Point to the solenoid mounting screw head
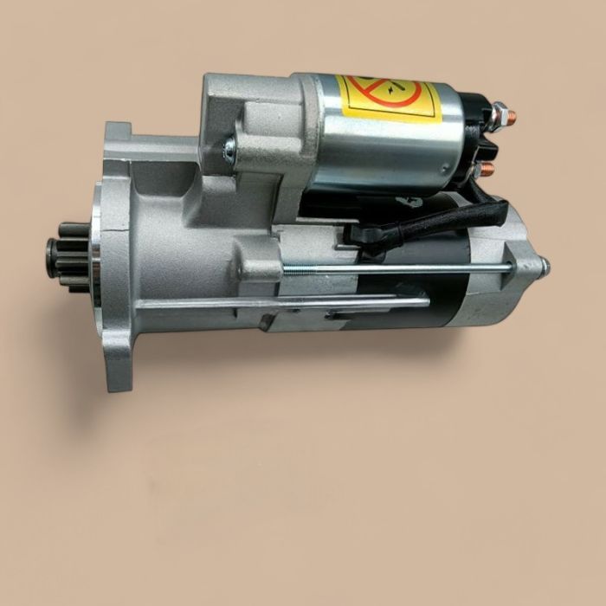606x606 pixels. tap(229, 148)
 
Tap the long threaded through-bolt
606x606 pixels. tap(398, 270)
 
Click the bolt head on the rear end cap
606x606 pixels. tap(545, 268)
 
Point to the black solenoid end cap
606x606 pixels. tap(472, 139)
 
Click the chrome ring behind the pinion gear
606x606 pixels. tap(93, 260)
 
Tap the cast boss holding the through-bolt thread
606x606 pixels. tap(260, 268)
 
